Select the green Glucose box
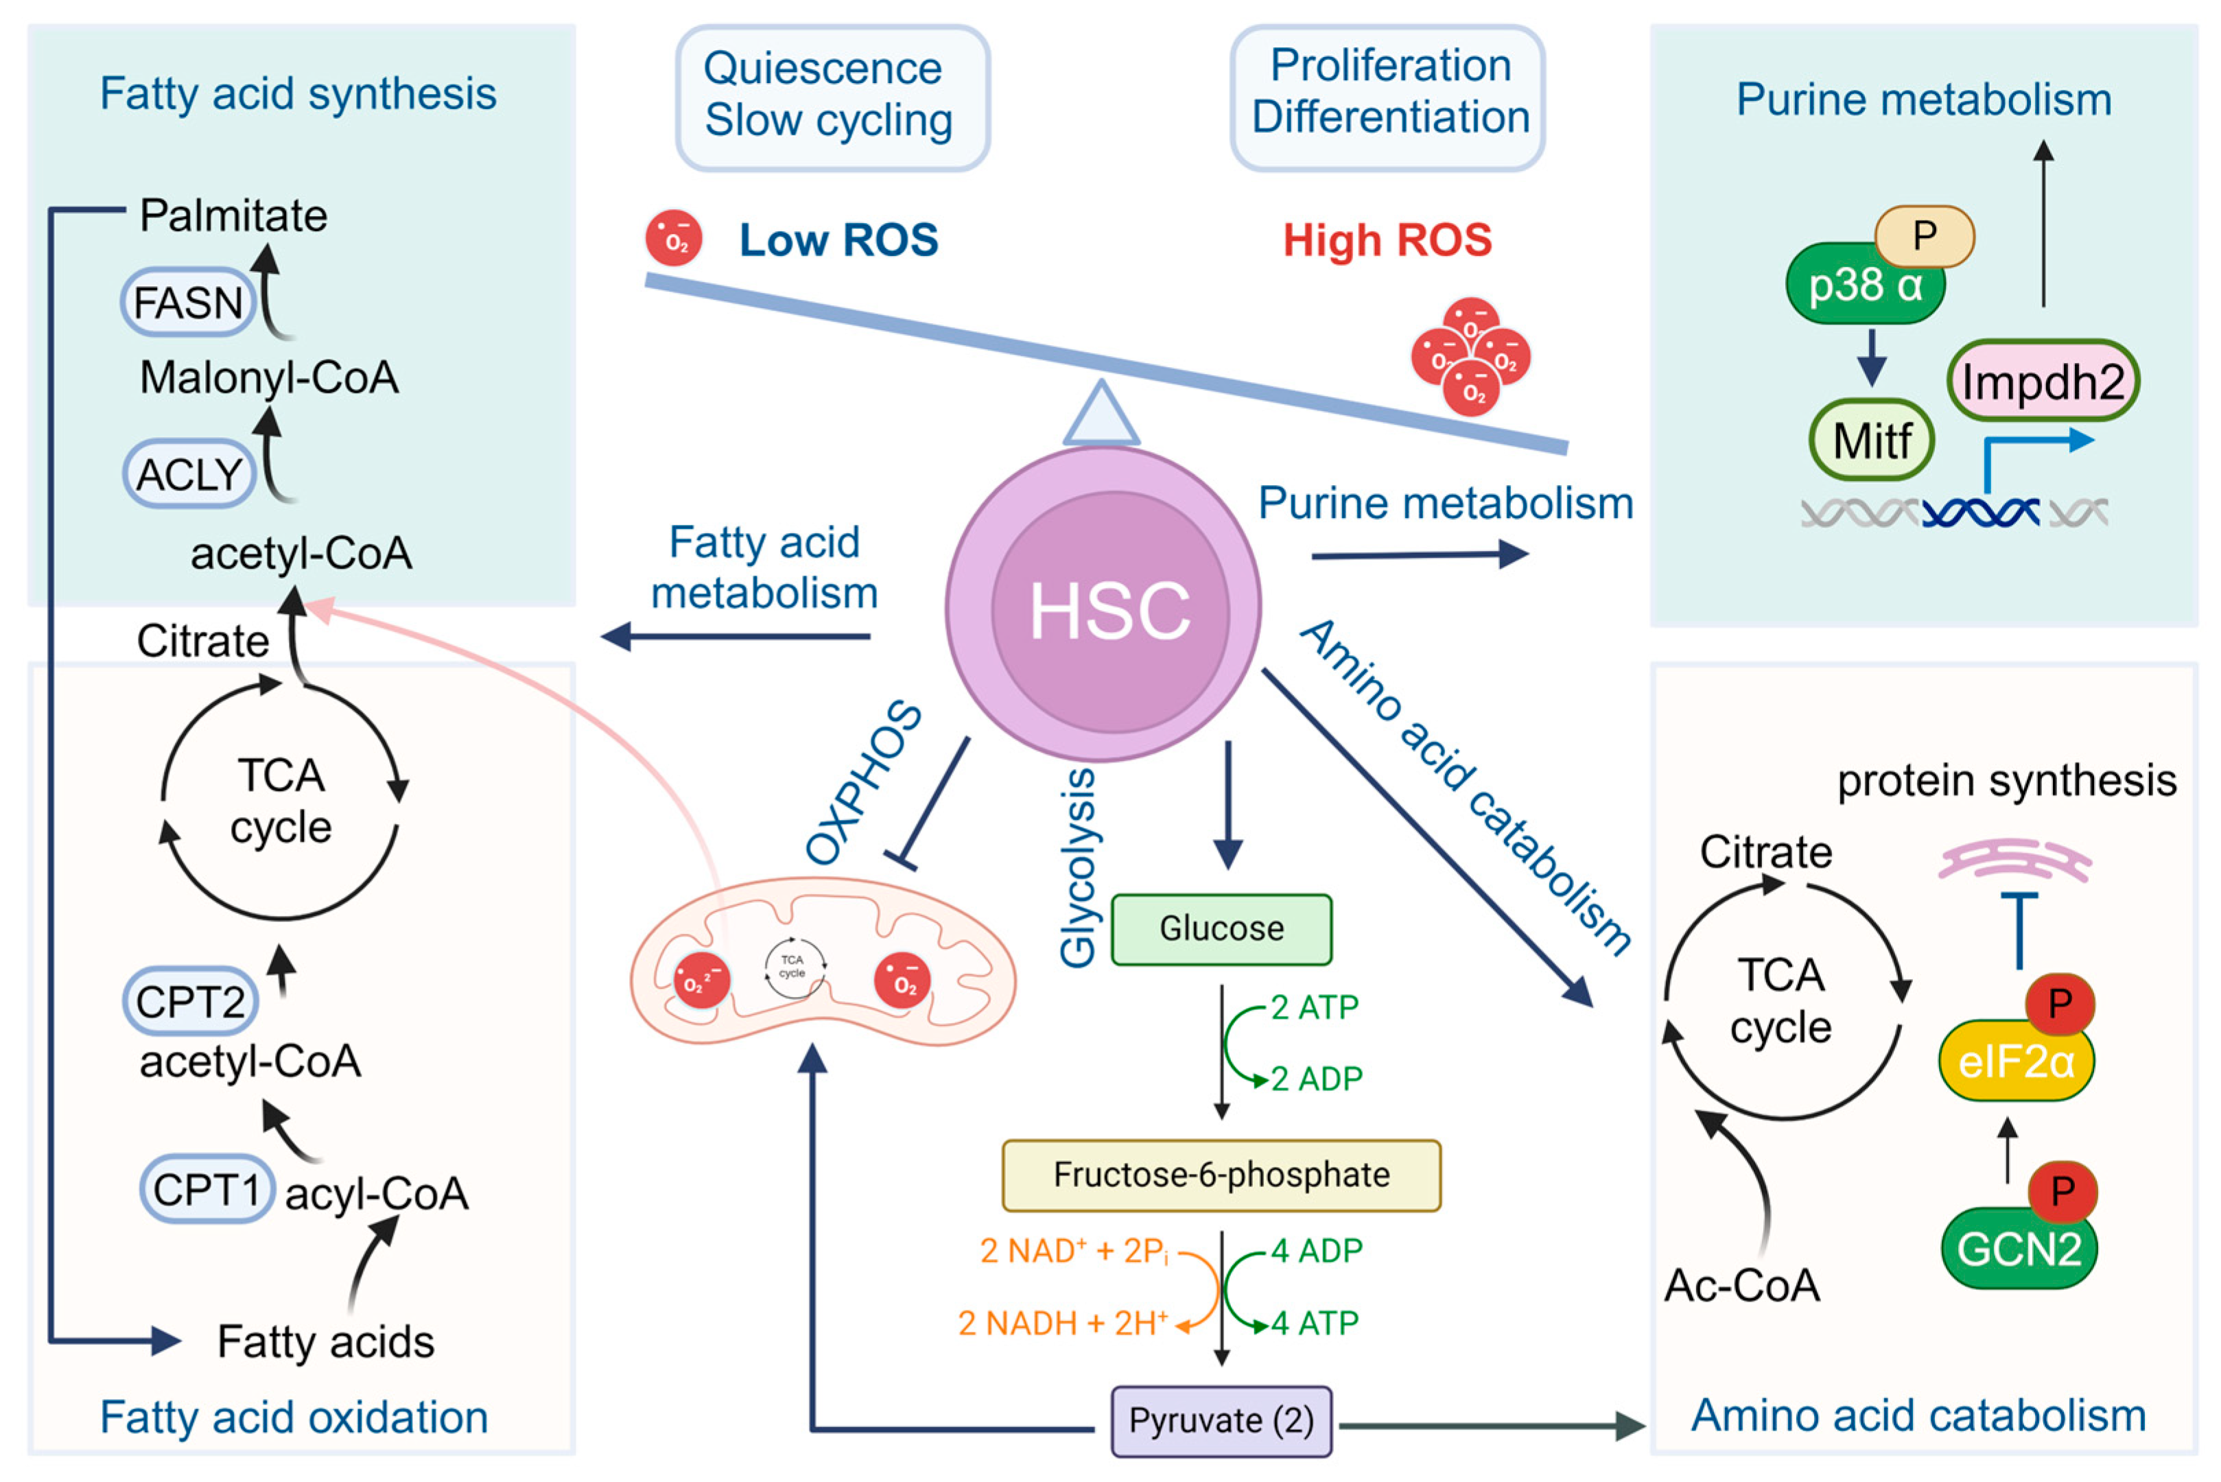pos(1221,929)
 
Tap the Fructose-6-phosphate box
pos(1221,1175)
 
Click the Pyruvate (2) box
pos(1221,1420)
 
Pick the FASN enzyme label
pos(188,303)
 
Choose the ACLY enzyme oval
pos(189,473)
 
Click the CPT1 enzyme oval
pos(207,1189)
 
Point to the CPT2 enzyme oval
pos(190,1001)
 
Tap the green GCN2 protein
pos(2019,1249)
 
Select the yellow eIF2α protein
pos(2016,1061)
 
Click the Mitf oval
pos(1871,440)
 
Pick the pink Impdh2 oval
pos(2043,381)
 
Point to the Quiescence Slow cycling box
pos(832,97)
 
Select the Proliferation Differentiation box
pos(1387,97)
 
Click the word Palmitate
pos(233,215)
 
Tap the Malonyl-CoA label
pos(270,378)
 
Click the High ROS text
pos(1387,240)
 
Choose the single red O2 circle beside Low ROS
pos(674,238)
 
